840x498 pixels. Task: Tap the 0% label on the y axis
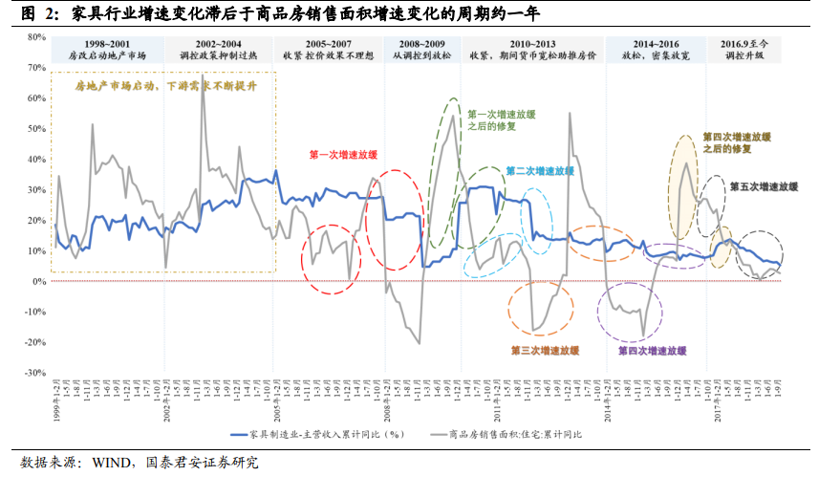(39, 281)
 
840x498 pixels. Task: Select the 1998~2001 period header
(107, 45)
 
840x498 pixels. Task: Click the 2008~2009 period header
(420, 45)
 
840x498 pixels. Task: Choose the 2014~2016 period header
(656, 45)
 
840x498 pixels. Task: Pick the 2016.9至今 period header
(743, 45)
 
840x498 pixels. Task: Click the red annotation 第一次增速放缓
(342, 155)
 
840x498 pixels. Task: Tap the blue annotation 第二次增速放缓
(539, 171)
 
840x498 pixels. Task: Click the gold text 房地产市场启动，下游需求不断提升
(166, 86)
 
